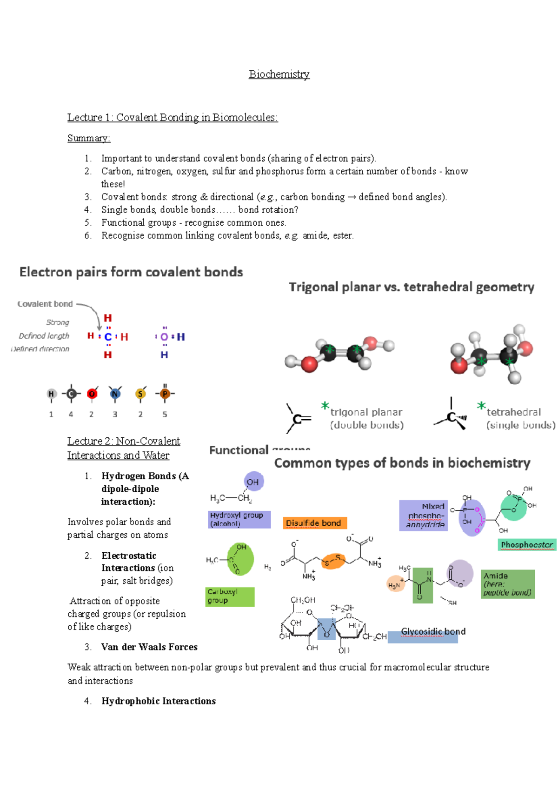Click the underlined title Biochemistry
click(279, 74)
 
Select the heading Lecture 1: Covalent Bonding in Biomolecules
click(173, 118)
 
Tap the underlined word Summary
click(89, 138)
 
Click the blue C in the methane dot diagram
click(108, 337)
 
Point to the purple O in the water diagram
click(164, 337)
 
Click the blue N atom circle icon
click(115, 394)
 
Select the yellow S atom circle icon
click(140, 394)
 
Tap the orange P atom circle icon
click(165, 394)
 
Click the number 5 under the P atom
click(165, 414)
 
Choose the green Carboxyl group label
click(230, 596)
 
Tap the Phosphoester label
click(527, 544)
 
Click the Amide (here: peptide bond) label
click(507, 584)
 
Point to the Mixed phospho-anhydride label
click(424, 515)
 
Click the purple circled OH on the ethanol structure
click(253, 482)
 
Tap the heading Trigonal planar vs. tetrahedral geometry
click(412, 287)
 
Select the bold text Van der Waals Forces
click(149, 647)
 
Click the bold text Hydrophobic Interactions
click(159, 701)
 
